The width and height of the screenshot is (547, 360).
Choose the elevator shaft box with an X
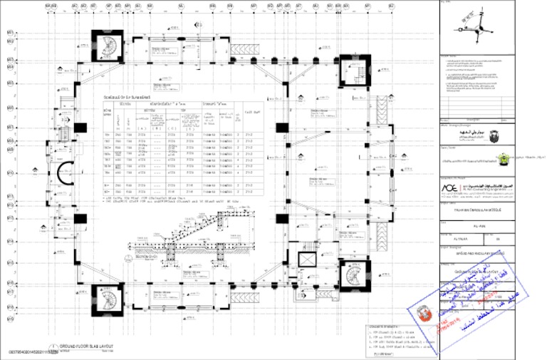pyautogui.click(x=307, y=259)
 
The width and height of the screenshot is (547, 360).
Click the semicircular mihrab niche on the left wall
pyautogui.click(x=63, y=172)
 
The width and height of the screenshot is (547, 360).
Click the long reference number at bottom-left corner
pyautogui.click(x=33, y=352)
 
